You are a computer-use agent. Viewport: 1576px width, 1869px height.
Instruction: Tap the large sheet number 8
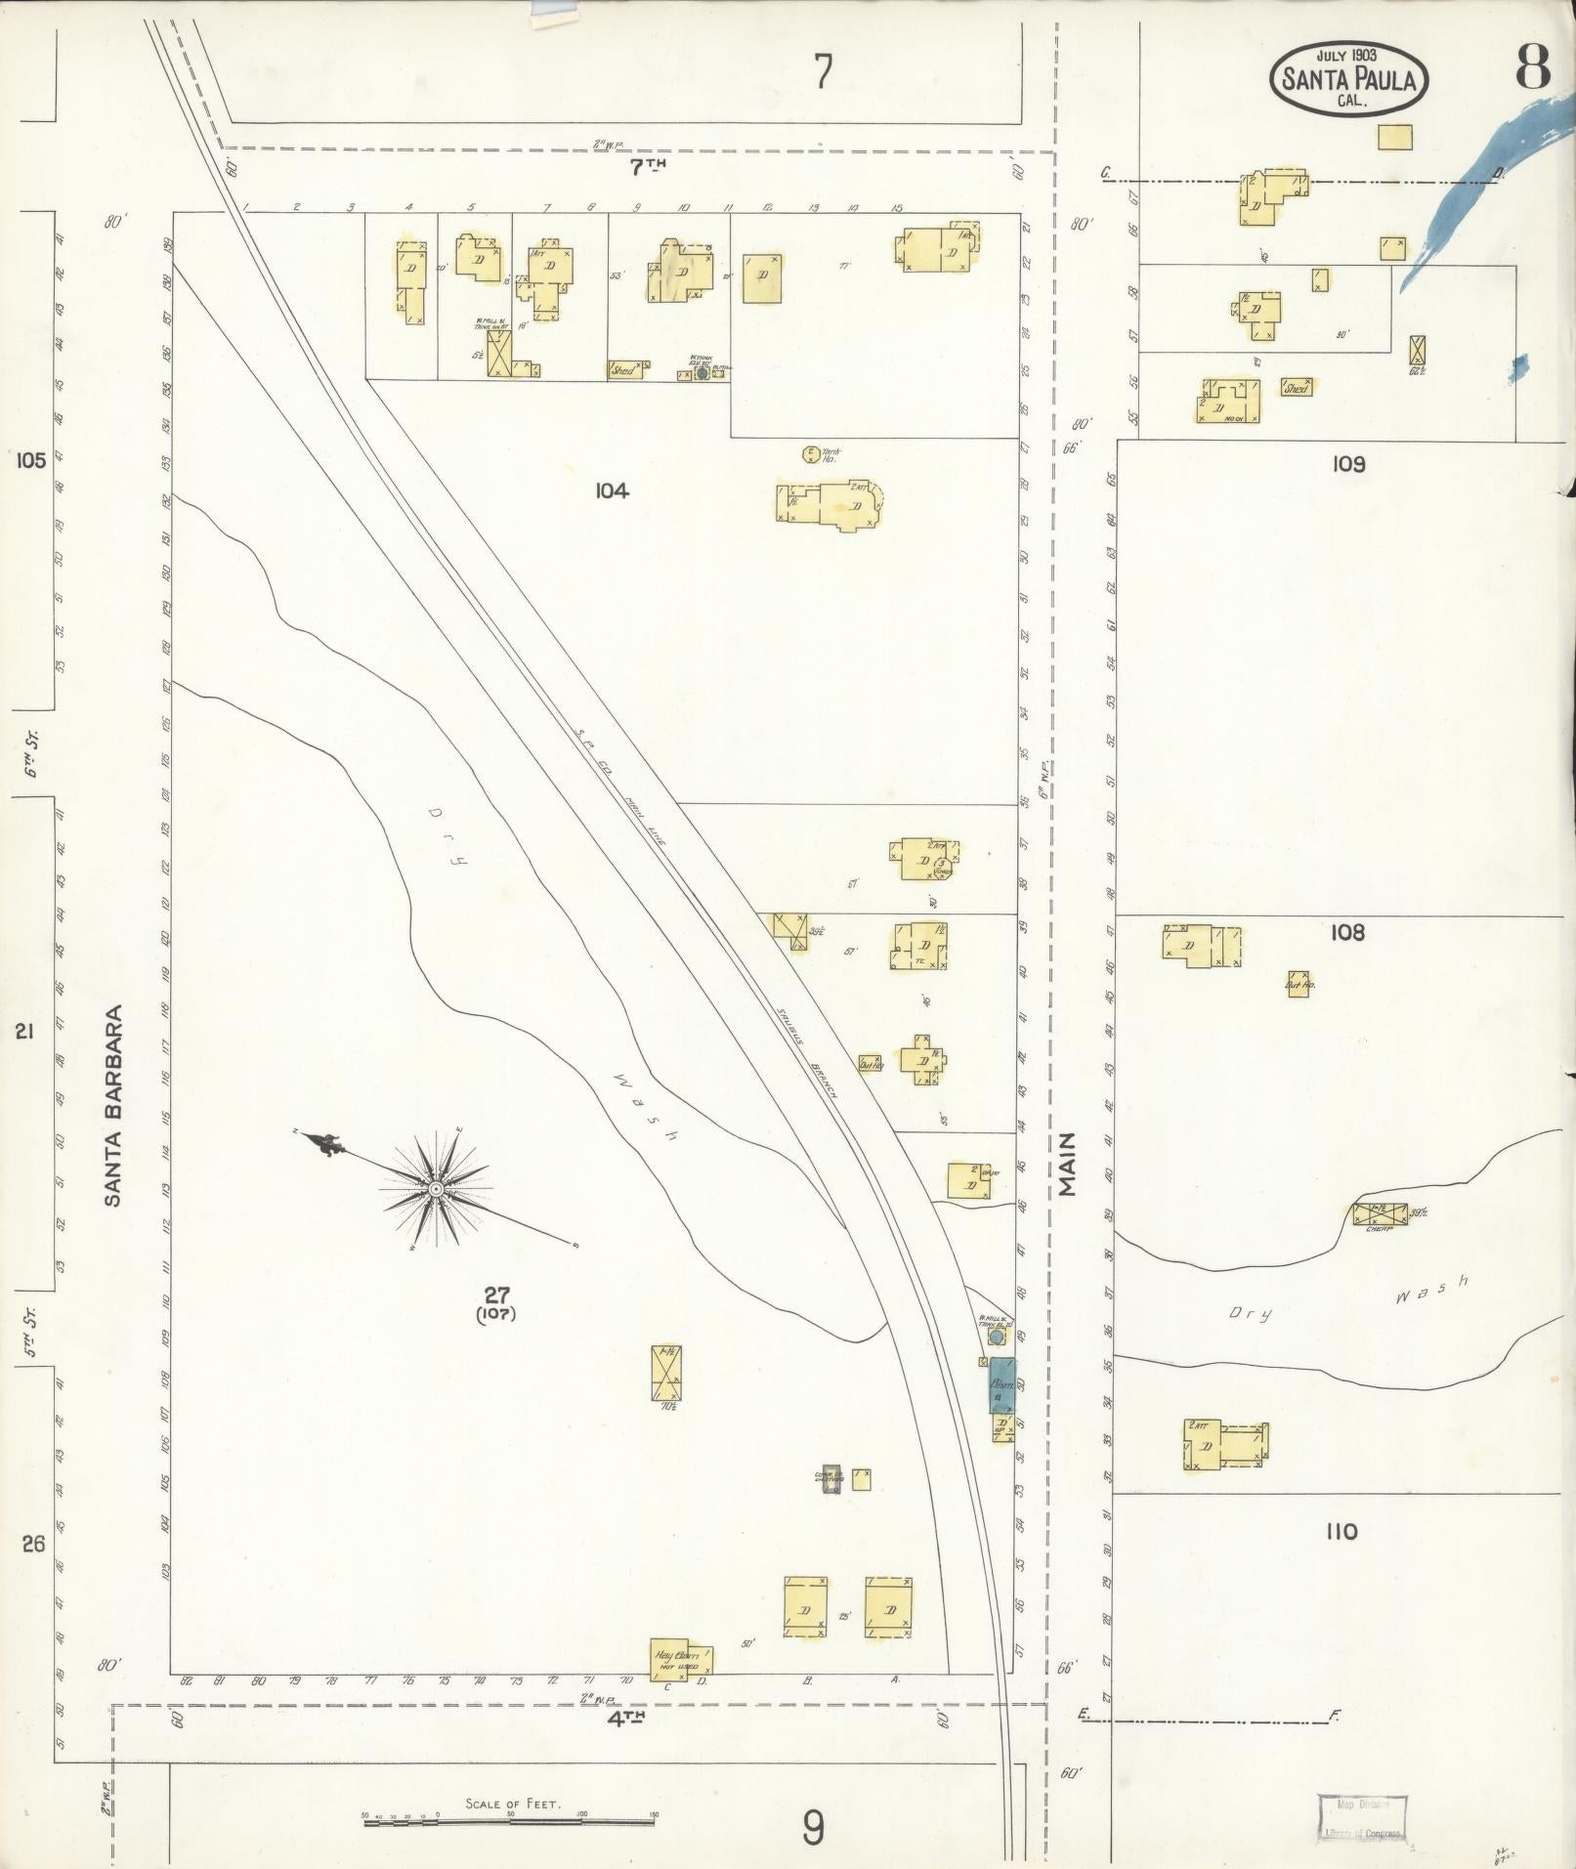pos(1532,68)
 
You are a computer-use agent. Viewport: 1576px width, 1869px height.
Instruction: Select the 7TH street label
pos(647,167)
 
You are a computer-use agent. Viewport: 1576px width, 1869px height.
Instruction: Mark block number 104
pos(612,490)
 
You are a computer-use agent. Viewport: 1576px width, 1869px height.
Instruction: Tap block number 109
pos(1347,464)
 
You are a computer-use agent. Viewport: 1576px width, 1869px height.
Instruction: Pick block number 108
pos(1346,933)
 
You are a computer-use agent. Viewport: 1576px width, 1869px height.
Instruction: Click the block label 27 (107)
pos(497,1303)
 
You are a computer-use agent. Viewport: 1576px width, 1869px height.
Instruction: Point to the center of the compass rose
pos(437,1188)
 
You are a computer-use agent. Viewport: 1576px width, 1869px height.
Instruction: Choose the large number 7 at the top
pos(824,72)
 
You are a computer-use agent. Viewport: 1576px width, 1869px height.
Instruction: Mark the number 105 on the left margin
pos(31,460)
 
